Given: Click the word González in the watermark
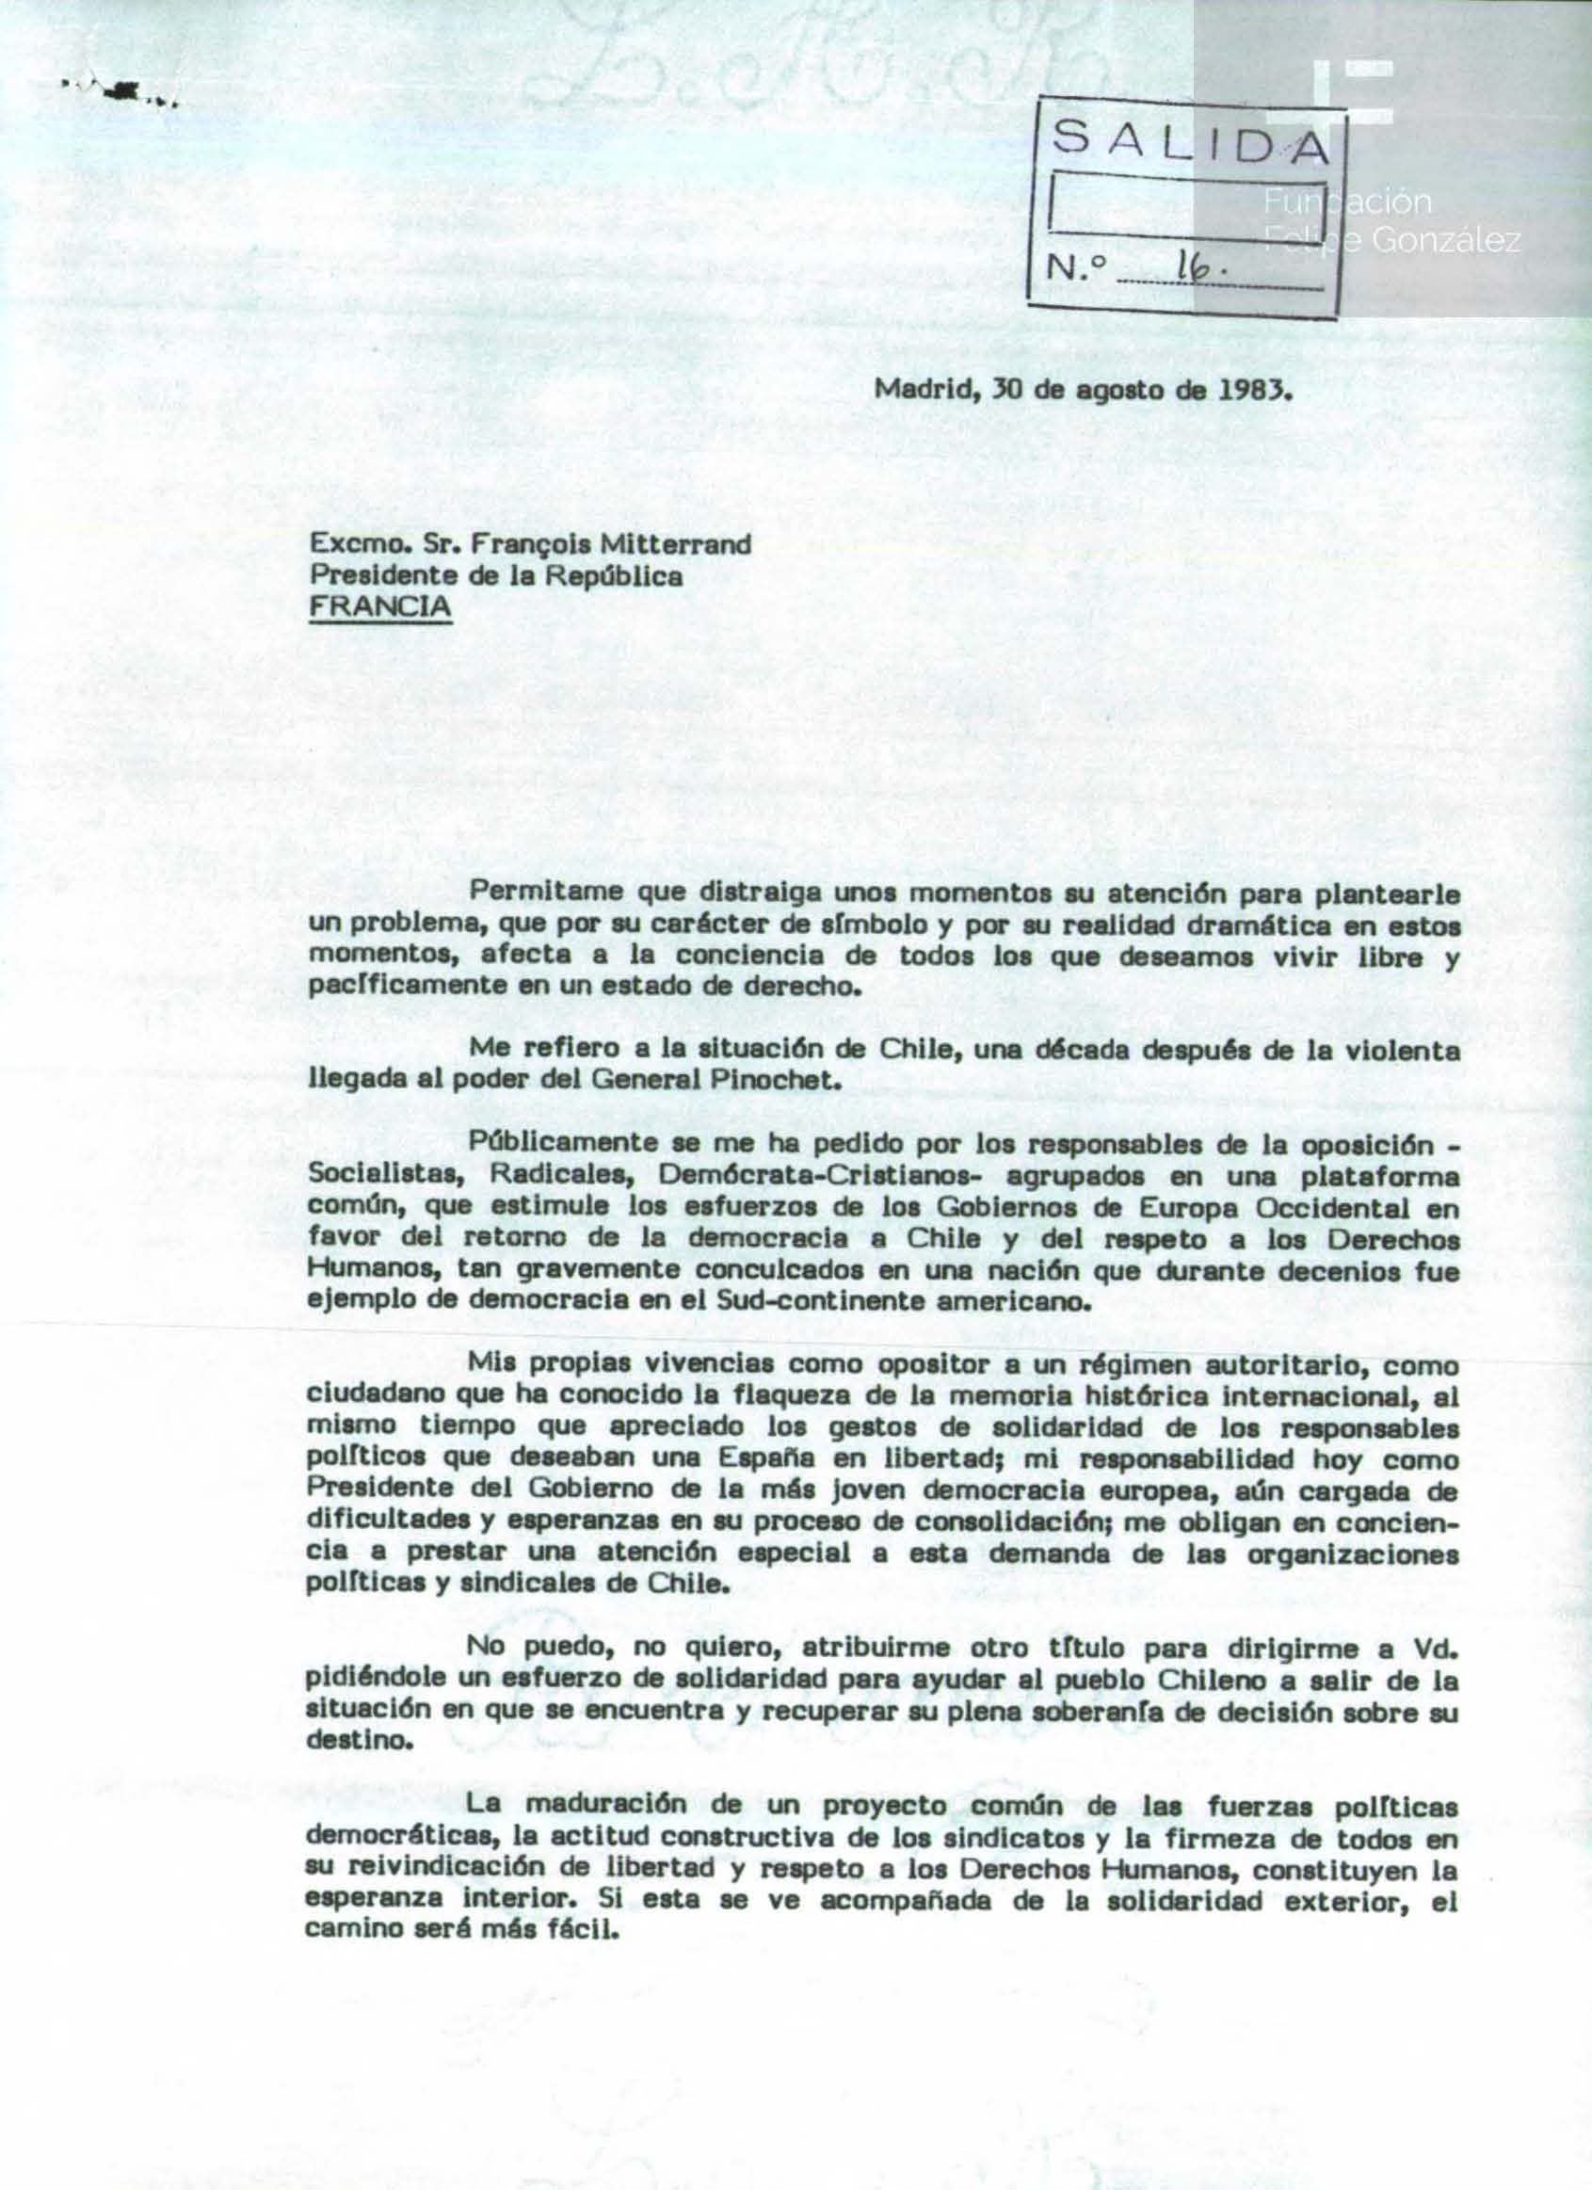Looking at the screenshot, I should coord(1446,242).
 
